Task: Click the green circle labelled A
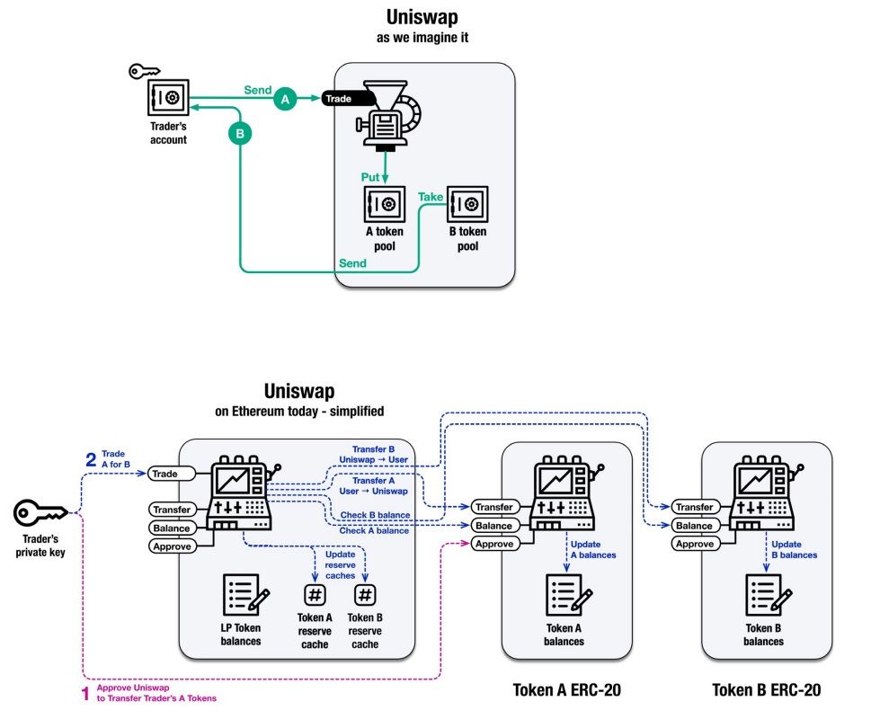coord(286,101)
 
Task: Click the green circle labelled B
coord(240,134)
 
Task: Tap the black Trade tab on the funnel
coord(339,99)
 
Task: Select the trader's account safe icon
coord(168,96)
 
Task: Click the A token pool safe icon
coord(385,205)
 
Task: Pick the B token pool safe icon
coord(467,205)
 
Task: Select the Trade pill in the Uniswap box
coord(165,473)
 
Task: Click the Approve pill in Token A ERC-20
coord(493,544)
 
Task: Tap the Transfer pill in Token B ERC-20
coord(694,508)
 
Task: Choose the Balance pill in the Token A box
coord(493,526)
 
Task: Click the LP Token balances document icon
coord(241,594)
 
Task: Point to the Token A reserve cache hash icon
coord(315,595)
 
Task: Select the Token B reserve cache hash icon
coord(365,595)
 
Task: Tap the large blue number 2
coord(90,459)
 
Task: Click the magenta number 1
coord(85,693)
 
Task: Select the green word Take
coord(431,196)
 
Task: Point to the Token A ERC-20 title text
coord(566,690)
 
